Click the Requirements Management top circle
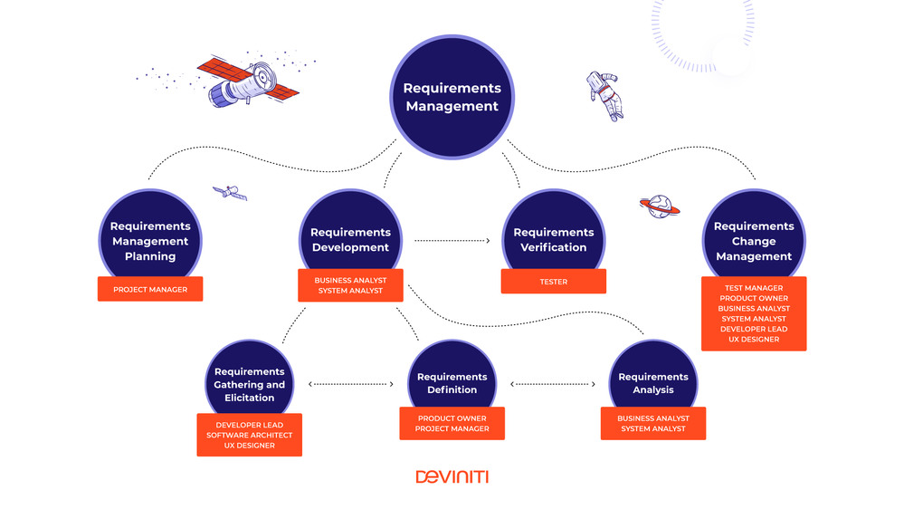(452, 97)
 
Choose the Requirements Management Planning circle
(150, 239)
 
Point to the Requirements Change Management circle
(753, 239)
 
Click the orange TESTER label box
(553, 282)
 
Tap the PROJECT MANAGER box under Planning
(150, 290)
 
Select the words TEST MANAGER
(753, 288)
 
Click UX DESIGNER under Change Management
(753, 340)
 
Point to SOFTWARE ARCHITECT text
(250, 436)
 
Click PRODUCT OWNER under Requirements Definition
(452, 418)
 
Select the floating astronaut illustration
(604, 96)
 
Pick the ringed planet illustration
(660, 206)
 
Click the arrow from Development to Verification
(452, 241)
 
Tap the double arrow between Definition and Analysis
(553, 384)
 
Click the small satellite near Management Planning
(230, 192)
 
